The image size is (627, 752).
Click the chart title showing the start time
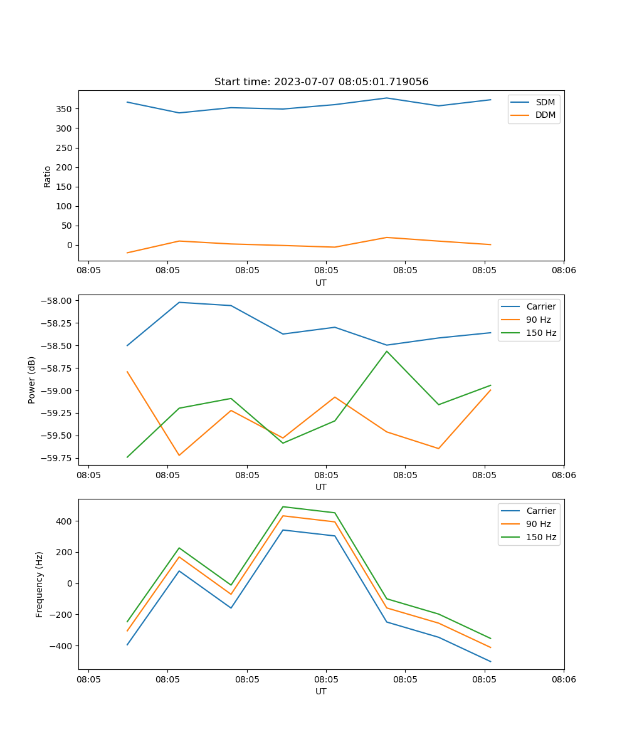pyautogui.click(x=321, y=82)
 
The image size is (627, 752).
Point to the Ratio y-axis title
pyautogui.click(x=48, y=176)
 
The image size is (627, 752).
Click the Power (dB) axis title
pyautogui.click(x=32, y=380)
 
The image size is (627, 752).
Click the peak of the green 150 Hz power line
pyautogui.click(x=387, y=351)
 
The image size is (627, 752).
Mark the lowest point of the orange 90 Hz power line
pyautogui.click(x=179, y=455)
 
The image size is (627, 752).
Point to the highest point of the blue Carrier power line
pyautogui.click(x=179, y=302)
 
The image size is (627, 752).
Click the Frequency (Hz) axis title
pyautogui.click(x=40, y=584)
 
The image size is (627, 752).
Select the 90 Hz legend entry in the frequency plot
pyautogui.click(x=538, y=524)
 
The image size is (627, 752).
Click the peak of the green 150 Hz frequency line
pyautogui.click(x=283, y=506)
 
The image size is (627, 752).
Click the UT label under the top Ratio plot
pyautogui.click(x=321, y=283)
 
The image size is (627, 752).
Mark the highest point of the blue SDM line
pyautogui.click(x=387, y=98)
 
